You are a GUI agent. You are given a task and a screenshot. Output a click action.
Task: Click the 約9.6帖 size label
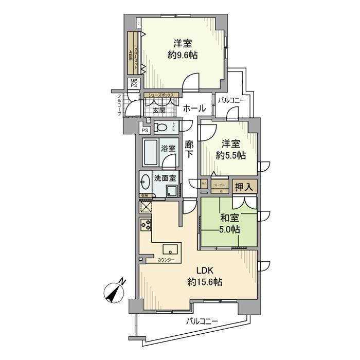tap(183, 56)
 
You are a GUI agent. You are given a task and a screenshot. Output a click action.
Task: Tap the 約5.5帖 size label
tap(231, 155)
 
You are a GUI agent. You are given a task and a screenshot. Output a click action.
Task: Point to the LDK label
tap(205, 271)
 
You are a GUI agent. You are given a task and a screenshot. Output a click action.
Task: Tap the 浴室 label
tap(168, 148)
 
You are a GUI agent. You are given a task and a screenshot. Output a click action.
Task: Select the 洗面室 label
tap(165, 178)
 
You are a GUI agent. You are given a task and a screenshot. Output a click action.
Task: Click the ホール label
tap(194, 109)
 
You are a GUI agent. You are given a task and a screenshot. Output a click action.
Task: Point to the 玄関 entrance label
tap(158, 110)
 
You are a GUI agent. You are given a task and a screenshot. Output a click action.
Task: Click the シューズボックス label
tap(162, 95)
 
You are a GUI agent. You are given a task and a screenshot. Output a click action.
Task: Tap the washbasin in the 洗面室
tap(145, 182)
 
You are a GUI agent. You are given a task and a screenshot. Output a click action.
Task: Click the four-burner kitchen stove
tap(145, 224)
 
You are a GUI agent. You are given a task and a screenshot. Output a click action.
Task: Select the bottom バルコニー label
tap(202, 321)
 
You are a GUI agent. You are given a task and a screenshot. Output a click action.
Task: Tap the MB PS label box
tap(134, 83)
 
